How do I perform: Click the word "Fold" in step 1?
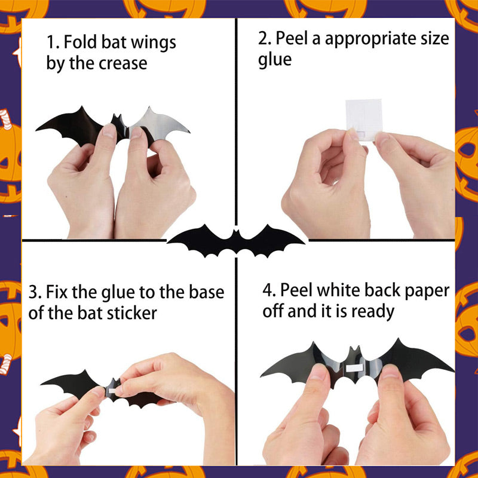coord(81,41)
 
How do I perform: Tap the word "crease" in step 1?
coord(123,63)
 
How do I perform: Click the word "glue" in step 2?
coord(275,59)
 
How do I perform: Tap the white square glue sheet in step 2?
coord(363,120)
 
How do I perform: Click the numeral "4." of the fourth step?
coord(269,290)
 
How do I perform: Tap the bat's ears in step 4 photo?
coord(355,350)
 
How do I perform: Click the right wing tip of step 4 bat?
coord(454,370)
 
